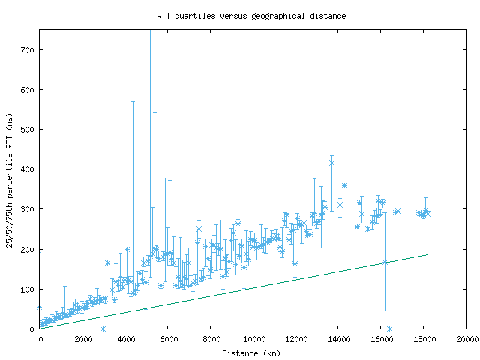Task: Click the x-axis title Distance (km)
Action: point(251,352)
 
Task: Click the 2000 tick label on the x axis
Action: point(82,339)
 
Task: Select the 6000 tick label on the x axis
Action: point(168,339)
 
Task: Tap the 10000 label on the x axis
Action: point(253,339)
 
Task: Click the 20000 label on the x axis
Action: point(466,339)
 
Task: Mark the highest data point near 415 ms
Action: point(331,163)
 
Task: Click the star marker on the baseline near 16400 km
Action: point(389,328)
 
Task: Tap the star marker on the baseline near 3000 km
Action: point(103,328)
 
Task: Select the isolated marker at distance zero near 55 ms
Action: point(40,307)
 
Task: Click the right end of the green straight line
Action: point(427,254)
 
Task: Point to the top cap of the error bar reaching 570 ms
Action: point(133,101)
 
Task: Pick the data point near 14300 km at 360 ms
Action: point(344,185)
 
